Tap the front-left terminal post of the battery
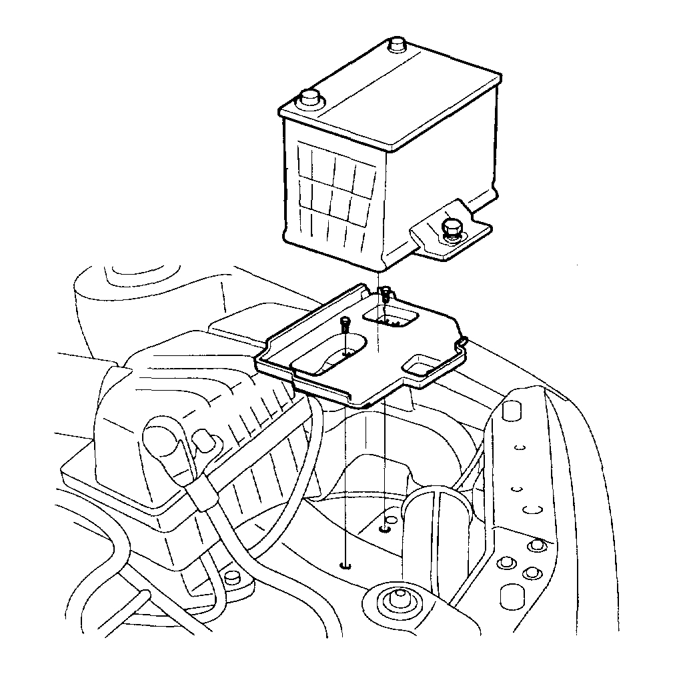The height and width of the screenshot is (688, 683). click(309, 99)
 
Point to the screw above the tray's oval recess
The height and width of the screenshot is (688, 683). click(345, 324)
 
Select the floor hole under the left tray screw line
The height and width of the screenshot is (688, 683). click(345, 566)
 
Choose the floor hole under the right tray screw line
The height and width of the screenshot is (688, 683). click(384, 529)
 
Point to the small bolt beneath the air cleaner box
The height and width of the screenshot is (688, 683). click(231, 577)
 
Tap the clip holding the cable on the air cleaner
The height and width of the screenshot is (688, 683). click(201, 494)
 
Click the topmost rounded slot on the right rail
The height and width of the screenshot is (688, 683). click(510, 409)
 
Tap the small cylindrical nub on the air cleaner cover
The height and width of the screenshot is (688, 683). click(203, 443)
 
